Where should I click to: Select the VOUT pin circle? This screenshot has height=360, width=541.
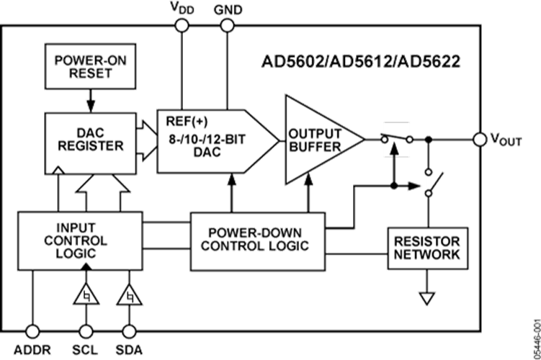[x=480, y=138]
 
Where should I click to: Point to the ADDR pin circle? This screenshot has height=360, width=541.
[x=33, y=330]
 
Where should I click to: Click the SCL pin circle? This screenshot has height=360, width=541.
[x=86, y=330]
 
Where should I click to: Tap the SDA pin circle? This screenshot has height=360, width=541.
[x=130, y=330]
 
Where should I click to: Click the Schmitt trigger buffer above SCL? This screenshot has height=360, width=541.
[x=86, y=296]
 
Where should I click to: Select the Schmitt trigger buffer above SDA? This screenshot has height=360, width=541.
[x=130, y=296]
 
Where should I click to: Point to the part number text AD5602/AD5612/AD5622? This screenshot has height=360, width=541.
[x=361, y=62]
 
